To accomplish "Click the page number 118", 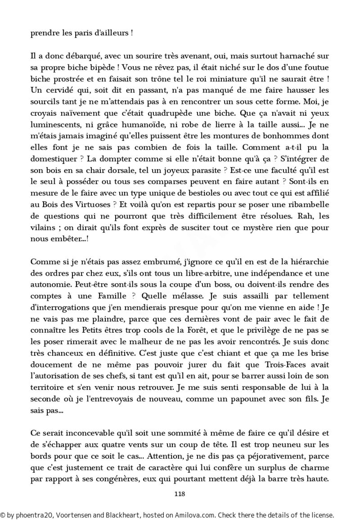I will pos(180,493).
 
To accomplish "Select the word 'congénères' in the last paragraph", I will pos(118,479).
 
